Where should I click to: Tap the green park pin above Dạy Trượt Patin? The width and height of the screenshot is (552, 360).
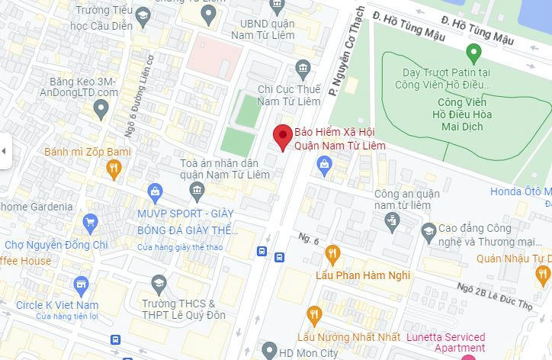pos(473,53)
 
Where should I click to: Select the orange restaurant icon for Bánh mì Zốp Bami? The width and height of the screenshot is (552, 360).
pos(114,169)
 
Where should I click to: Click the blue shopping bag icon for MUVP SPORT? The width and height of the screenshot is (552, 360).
pos(156,191)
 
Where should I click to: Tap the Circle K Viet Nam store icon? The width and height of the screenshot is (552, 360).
pos(82,286)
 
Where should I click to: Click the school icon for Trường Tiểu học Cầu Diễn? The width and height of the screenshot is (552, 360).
pos(142,15)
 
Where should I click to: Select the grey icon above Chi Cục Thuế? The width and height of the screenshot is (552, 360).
pos(303,68)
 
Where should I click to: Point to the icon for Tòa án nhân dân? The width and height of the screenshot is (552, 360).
pos(197,189)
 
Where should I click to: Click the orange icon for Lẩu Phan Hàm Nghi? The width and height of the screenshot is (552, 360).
pos(332,254)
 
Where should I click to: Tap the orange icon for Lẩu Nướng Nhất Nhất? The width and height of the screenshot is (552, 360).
pos(314,315)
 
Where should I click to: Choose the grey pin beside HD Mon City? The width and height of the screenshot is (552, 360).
pos(268,350)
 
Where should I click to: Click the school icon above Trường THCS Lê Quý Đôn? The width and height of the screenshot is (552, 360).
pos(159,284)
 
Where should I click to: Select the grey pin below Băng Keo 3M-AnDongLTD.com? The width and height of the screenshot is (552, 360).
pos(101,110)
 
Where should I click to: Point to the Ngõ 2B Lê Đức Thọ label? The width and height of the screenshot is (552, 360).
pos(496,296)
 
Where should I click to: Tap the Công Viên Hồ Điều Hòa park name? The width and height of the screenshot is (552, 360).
pos(465,114)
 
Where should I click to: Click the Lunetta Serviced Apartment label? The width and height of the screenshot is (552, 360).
pos(444,342)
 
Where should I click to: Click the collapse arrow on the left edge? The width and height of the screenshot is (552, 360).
pos(4,151)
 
